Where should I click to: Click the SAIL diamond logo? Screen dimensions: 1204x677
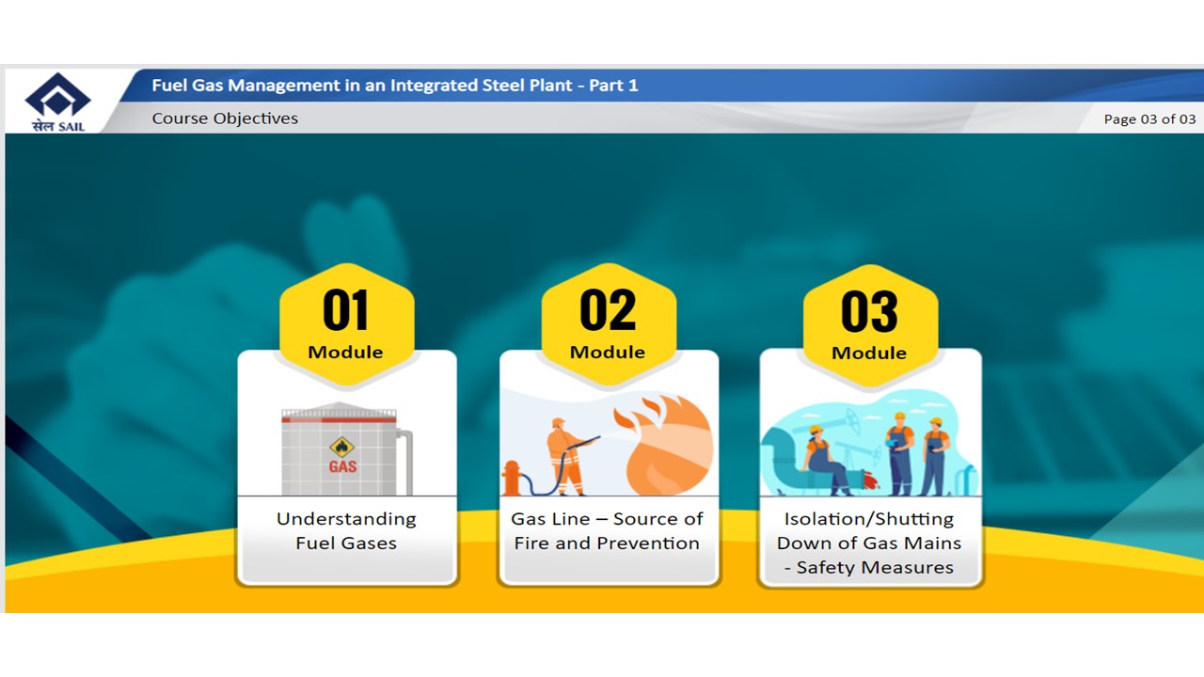57,95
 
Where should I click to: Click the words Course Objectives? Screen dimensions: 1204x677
225,118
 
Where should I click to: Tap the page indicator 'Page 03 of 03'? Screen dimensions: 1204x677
1149,119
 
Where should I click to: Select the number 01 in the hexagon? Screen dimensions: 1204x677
345,310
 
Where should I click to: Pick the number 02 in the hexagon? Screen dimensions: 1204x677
608,310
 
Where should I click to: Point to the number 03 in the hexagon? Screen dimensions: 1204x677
869,311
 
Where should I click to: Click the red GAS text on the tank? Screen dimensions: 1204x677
342,466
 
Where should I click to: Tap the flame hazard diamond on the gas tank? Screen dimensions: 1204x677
341,447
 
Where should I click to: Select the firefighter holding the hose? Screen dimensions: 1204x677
565,457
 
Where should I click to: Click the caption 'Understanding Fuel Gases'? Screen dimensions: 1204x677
346,531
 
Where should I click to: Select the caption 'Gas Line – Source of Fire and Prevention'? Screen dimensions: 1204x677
607,531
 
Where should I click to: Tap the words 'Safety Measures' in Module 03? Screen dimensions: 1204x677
875,567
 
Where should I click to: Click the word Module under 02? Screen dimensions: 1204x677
608,353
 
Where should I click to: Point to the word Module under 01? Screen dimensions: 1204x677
345,353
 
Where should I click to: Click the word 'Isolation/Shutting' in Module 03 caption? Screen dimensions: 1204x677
869,519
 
